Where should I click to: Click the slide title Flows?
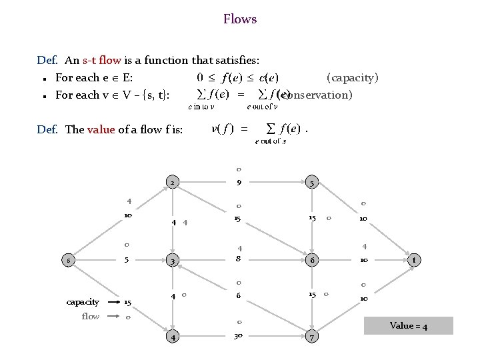point(240,19)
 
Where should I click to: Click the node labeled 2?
point(172,183)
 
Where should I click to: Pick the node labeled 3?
point(172,261)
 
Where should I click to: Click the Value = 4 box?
point(409,326)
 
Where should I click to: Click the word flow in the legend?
point(90,316)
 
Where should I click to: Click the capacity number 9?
point(239,182)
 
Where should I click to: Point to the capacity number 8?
point(239,260)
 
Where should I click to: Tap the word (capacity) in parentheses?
point(353,77)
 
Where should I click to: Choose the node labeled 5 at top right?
point(311,183)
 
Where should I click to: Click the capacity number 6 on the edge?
point(239,297)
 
